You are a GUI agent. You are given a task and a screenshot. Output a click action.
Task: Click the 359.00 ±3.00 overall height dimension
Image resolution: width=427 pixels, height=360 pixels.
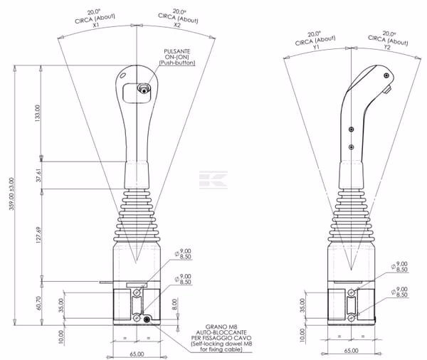pyautogui.click(x=11, y=194)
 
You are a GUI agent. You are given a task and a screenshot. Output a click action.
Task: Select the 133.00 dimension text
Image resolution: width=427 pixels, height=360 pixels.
pyautogui.click(x=38, y=113)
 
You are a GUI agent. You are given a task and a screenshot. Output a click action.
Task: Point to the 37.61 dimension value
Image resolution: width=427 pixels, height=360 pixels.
pyautogui.click(x=38, y=175)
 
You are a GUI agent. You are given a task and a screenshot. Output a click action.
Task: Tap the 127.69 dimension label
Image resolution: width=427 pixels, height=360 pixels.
pyautogui.click(x=38, y=235)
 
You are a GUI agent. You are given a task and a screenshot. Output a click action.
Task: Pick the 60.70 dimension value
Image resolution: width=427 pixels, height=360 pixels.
pyautogui.click(x=38, y=303)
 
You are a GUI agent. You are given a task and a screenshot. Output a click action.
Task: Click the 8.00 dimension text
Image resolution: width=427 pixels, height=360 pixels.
pyautogui.click(x=174, y=305)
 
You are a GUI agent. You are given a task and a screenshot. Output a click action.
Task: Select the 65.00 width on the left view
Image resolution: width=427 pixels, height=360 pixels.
pyautogui.click(x=137, y=354)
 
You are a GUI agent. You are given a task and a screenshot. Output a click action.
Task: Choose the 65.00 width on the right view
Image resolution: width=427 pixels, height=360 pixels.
pyautogui.click(x=352, y=351)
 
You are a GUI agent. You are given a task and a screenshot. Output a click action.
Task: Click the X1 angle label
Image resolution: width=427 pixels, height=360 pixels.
pyautogui.click(x=96, y=25)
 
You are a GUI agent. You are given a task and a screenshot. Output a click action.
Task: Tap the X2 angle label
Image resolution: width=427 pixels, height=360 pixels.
pyautogui.click(x=177, y=25)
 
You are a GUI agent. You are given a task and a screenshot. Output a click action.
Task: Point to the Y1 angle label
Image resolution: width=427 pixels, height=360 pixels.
pyautogui.click(x=316, y=47)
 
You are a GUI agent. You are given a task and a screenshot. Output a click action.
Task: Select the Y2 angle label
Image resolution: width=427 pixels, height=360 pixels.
pyautogui.click(x=387, y=47)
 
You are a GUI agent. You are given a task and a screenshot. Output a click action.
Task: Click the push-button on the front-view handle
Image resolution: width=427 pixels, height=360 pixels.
pyautogui.click(x=144, y=89)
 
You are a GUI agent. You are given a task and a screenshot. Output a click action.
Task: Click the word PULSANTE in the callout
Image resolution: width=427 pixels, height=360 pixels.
pyautogui.click(x=177, y=51)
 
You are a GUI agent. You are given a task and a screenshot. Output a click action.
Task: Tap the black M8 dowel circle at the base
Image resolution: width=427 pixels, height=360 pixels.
pyautogui.click(x=147, y=319)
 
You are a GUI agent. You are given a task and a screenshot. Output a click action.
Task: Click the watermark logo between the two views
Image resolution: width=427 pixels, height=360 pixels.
pyautogui.click(x=213, y=180)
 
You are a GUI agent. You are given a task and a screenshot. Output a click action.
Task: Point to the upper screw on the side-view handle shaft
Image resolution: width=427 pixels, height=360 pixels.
pyautogui.click(x=352, y=129)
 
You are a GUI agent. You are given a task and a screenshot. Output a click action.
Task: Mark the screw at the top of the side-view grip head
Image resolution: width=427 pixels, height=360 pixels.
pyautogui.click(x=386, y=75)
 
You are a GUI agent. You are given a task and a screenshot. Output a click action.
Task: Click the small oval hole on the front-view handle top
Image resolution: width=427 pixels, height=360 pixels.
pyautogui.click(x=123, y=75)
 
